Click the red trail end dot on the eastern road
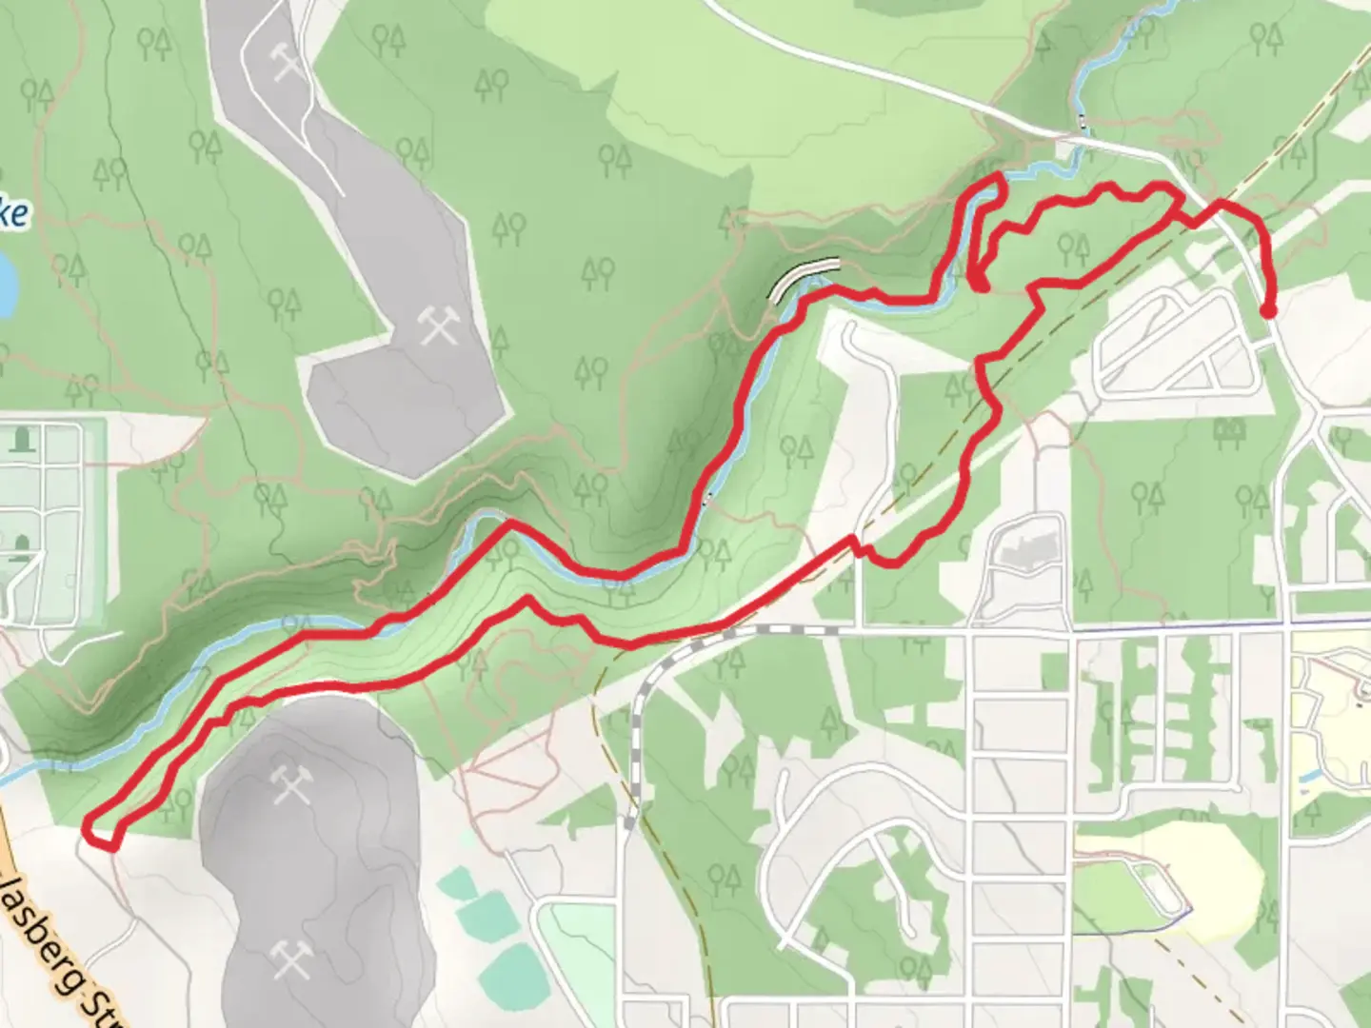[1268, 310]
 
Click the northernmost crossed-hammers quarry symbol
[287, 62]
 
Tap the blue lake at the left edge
[6, 286]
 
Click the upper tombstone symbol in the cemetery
[21, 440]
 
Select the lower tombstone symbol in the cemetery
[21, 544]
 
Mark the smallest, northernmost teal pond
[462, 884]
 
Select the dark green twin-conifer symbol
[1235, 432]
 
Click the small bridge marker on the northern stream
[1083, 121]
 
